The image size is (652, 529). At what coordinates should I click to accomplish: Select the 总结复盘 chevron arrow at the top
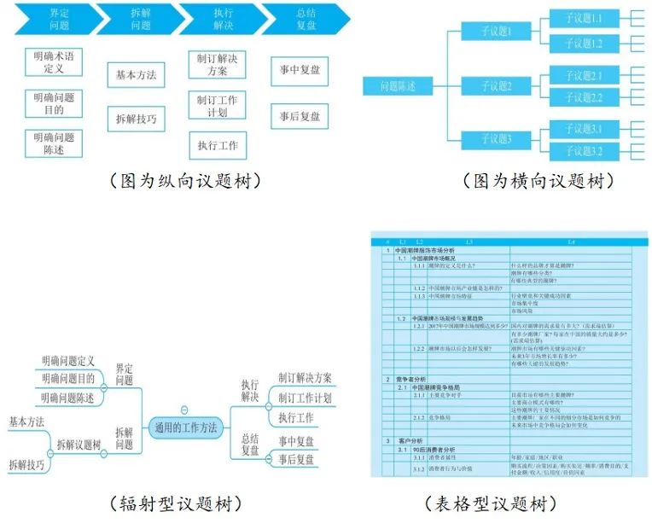[x=305, y=19]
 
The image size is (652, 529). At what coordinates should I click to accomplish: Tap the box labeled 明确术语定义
[x=54, y=61]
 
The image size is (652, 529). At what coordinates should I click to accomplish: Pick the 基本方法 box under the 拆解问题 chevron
[x=136, y=75]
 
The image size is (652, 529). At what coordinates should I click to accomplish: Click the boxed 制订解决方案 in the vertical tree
[x=217, y=65]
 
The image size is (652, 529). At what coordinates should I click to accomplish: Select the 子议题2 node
[x=496, y=86]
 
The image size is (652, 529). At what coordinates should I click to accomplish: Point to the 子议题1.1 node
[x=584, y=18]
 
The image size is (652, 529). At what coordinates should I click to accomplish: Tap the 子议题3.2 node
[x=584, y=152]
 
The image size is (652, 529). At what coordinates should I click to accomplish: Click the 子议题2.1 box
[x=584, y=75]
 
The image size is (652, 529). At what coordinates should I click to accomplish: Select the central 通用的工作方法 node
[x=185, y=426]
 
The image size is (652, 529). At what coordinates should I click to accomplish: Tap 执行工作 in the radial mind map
[x=296, y=418]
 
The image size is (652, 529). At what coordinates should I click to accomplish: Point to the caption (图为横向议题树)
[x=538, y=182]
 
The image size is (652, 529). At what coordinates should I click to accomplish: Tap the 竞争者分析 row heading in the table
[x=411, y=378]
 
